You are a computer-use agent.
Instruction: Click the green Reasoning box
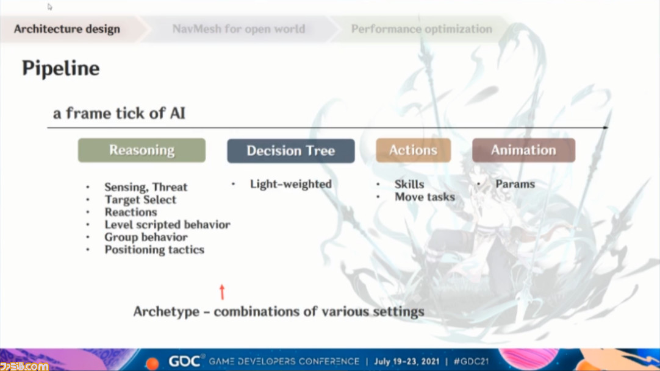(142, 150)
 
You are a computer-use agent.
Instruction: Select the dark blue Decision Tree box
(291, 151)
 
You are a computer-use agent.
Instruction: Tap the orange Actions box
(414, 150)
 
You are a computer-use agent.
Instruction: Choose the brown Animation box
(523, 150)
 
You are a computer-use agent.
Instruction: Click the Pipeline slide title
(61, 68)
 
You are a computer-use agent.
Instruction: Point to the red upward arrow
(222, 292)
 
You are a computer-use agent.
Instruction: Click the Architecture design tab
(67, 29)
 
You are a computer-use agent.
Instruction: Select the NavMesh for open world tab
(239, 29)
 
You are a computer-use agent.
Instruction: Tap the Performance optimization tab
(421, 29)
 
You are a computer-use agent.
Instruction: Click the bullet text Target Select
(140, 200)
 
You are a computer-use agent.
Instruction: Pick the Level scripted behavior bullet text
(168, 225)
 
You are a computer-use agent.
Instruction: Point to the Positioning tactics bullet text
(154, 250)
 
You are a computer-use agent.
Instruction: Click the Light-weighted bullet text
(291, 184)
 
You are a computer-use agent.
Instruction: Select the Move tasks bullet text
(425, 197)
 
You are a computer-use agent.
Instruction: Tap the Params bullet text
(515, 184)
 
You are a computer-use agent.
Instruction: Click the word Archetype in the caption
(167, 312)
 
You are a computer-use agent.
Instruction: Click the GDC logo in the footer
(184, 361)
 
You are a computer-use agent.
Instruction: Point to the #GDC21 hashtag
(471, 361)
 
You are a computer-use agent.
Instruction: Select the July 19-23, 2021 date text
(407, 361)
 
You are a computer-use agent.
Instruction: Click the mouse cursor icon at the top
(49, 7)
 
